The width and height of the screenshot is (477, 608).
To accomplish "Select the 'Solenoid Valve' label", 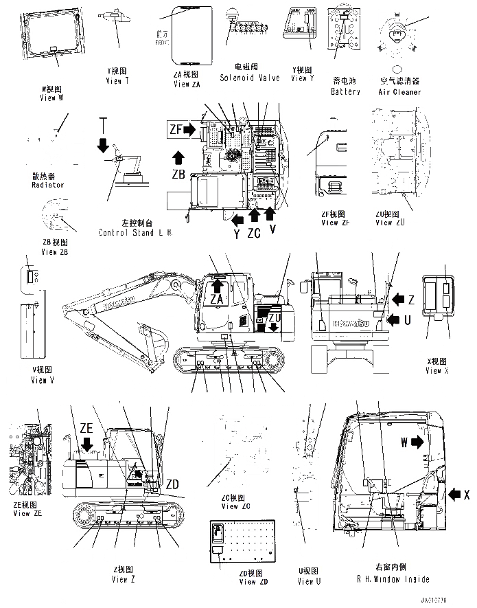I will click(250, 78).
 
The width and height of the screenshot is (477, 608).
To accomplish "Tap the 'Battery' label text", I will click(345, 92).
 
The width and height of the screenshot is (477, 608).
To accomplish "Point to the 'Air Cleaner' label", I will click(400, 92).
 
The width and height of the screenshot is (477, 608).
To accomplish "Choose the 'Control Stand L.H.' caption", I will click(135, 233).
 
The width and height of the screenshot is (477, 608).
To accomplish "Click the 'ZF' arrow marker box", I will click(183, 128).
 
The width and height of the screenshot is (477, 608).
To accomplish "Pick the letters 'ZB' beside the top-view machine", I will click(178, 174).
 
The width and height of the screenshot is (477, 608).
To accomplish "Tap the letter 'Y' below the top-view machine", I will click(236, 234).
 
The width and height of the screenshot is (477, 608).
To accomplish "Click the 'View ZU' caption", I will click(393, 222).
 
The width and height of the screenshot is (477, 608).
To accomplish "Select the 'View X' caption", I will click(437, 370).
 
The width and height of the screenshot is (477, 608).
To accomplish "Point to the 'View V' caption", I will click(38, 380).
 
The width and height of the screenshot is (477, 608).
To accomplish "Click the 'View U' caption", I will click(309, 581).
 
